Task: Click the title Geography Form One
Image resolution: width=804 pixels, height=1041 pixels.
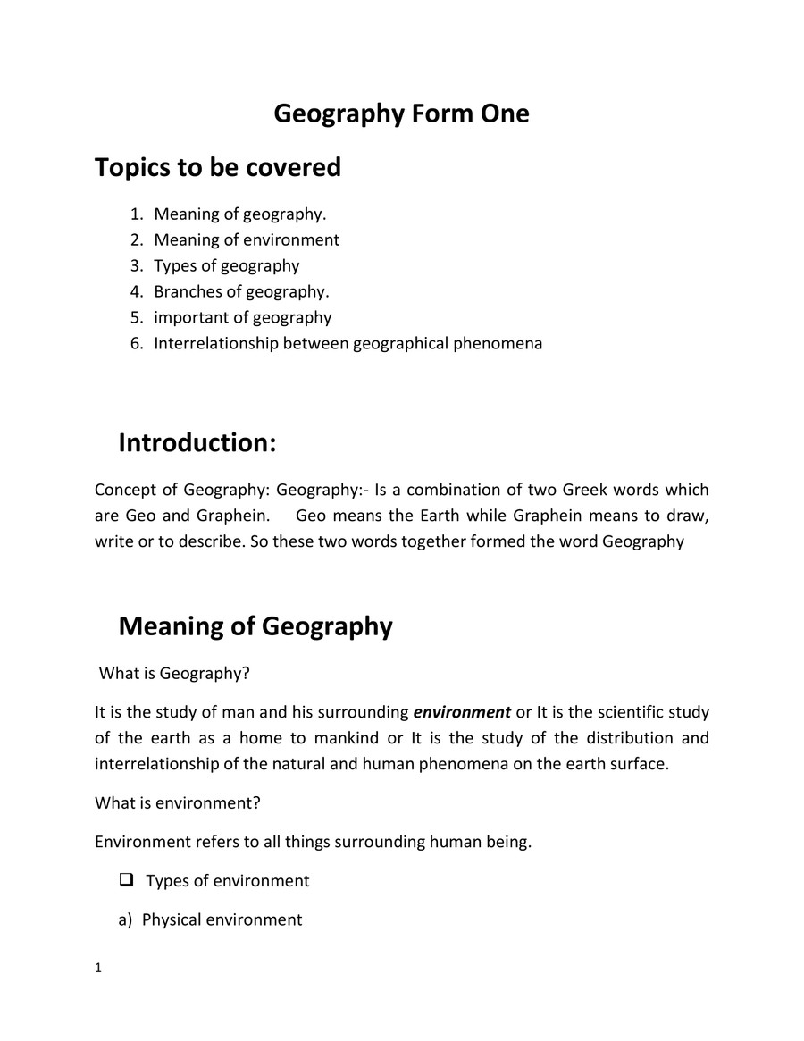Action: [x=401, y=114]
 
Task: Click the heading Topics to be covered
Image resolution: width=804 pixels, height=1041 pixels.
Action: [x=218, y=167]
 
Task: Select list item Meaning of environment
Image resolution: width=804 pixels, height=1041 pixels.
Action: [x=247, y=239]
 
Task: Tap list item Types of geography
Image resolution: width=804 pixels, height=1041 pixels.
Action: [x=227, y=265]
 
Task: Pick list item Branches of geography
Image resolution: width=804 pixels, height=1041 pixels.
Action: [x=241, y=291]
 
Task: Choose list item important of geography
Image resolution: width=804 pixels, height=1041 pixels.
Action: [x=243, y=317]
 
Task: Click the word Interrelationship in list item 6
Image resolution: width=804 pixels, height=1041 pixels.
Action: [x=216, y=343]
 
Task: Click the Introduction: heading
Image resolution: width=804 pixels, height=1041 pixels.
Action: [x=197, y=442]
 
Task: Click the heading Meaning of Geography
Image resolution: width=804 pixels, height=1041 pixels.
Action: [x=255, y=626]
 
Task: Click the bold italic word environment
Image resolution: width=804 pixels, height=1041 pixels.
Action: [x=462, y=712]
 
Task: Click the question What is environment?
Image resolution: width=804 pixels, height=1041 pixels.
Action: [x=178, y=802]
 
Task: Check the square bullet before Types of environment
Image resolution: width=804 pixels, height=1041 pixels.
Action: [x=126, y=880]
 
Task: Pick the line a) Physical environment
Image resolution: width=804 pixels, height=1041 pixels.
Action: [x=211, y=919]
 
